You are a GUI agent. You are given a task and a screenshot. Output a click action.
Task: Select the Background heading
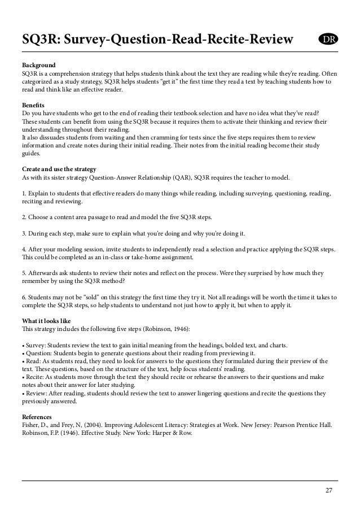pos(38,65)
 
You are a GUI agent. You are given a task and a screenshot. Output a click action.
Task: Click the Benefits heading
pos(34,106)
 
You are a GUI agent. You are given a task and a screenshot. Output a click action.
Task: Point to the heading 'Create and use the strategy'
pos(59,169)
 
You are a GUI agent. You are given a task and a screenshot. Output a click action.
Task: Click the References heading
pos(39,417)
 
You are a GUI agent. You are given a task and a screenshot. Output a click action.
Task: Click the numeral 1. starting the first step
pos(24,193)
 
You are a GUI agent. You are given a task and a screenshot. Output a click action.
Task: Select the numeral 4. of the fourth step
pos(24,249)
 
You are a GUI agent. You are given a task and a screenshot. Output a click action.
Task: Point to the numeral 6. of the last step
pos(24,296)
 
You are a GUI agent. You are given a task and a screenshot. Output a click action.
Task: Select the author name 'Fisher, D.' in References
pos(35,426)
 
